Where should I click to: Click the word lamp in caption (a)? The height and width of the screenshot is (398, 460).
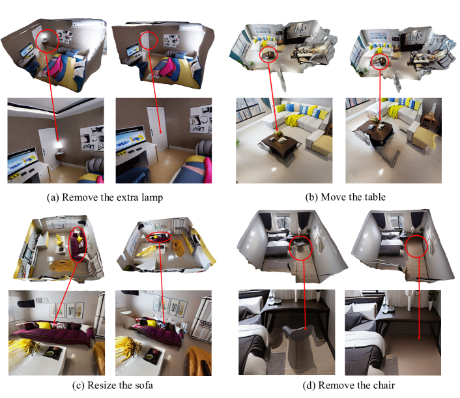(x=152, y=197)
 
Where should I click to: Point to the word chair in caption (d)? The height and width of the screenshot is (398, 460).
(x=383, y=385)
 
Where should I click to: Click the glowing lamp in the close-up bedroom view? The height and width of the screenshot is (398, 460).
(x=59, y=145)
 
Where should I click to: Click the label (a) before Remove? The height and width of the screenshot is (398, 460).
(x=53, y=197)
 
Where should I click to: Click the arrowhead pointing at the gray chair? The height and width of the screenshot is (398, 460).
(x=306, y=328)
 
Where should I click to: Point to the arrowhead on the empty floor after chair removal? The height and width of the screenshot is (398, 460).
(x=419, y=337)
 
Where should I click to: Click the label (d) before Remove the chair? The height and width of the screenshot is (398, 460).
(x=309, y=385)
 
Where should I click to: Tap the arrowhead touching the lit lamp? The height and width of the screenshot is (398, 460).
(x=57, y=138)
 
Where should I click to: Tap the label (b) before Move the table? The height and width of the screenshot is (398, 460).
(x=312, y=197)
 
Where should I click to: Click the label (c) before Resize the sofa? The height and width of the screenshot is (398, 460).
(x=79, y=385)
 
